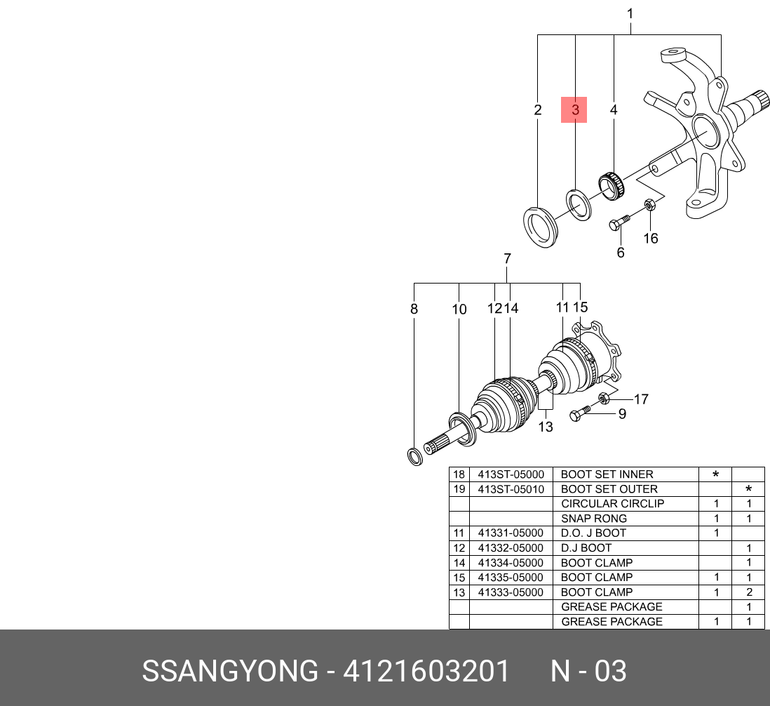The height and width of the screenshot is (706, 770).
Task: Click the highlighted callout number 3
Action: click(x=574, y=110)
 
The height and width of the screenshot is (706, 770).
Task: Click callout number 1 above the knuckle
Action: click(x=630, y=13)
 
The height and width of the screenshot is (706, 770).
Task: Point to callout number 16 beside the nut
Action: click(x=651, y=239)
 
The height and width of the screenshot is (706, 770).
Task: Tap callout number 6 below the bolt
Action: click(x=621, y=253)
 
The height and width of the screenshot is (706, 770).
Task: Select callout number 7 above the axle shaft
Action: click(x=507, y=259)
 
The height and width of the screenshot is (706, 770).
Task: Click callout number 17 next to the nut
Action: click(x=641, y=399)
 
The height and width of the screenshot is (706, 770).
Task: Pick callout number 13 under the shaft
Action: click(x=546, y=427)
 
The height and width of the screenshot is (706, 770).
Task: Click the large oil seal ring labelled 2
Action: click(x=541, y=225)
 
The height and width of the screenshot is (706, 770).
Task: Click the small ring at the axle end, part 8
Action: click(x=415, y=456)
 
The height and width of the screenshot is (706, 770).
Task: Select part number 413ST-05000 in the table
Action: click(x=511, y=474)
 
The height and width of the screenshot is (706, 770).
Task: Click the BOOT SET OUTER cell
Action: click(x=609, y=489)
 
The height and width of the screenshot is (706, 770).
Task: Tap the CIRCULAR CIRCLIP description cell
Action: click(x=612, y=504)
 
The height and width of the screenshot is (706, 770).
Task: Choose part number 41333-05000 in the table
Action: click(x=511, y=592)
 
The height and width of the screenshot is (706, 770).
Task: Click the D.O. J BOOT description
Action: click(x=593, y=533)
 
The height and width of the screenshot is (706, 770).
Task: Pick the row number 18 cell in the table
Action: click(x=459, y=474)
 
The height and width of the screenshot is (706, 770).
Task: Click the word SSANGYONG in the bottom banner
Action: click(x=230, y=672)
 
